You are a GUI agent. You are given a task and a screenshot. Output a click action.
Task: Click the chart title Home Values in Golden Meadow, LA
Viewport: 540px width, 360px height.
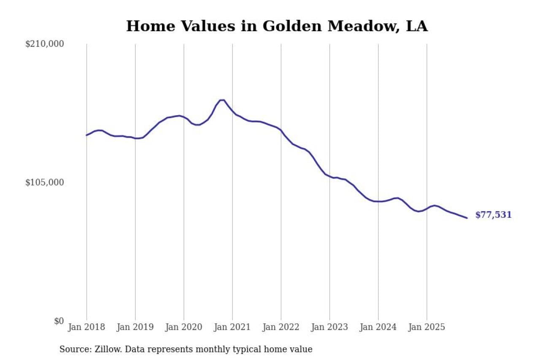(277, 26)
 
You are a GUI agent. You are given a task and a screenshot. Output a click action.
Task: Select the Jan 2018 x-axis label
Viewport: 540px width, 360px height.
(86, 327)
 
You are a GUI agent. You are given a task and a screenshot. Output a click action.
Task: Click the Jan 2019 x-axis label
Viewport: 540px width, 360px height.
(135, 327)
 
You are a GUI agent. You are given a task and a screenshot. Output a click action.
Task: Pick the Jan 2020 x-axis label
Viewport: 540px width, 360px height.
(184, 327)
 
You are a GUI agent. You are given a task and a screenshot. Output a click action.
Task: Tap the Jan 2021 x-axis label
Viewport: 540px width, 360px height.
(232, 327)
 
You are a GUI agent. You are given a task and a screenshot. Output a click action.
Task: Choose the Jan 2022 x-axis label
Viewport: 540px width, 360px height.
(281, 327)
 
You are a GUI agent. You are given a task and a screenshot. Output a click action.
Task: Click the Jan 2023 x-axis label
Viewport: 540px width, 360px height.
(329, 327)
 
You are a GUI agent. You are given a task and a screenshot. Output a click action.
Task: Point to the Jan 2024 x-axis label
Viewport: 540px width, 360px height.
(378, 327)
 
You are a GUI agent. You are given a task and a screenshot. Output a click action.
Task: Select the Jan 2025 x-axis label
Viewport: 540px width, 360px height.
(427, 327)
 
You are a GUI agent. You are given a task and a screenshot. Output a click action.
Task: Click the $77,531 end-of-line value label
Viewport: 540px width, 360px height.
(493, 215)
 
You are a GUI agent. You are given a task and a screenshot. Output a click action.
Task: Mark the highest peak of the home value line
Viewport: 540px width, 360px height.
(222, 100)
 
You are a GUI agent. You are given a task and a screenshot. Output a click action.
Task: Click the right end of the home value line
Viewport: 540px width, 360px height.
(467, 218)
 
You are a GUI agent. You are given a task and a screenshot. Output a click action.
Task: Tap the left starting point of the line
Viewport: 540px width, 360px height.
(86, 135)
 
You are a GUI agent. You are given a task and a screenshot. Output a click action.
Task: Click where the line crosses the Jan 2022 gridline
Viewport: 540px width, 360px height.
(281, 130)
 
